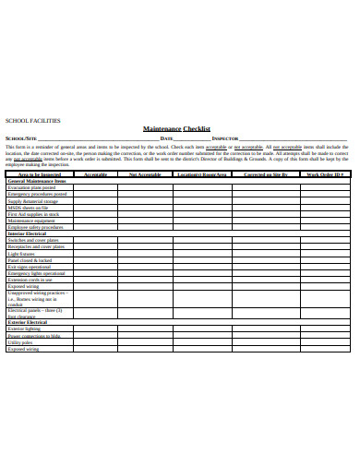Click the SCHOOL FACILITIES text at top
coord(33,120)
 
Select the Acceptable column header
coord(95,173)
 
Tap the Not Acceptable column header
coord(145,173)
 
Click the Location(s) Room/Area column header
coord(202,173)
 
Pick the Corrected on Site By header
coord(265,173)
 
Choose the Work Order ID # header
coord(325,173)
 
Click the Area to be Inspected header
coord(39,173)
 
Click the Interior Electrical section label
coord(28,233)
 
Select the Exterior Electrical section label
coord(28,321)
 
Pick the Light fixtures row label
coord(21,254)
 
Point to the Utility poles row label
coord(20,342)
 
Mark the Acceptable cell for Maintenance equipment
coord(95,221)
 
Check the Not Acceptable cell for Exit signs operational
coord(145,267)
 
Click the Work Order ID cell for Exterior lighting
coord(325,329)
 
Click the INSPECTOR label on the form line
coord(225,137)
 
